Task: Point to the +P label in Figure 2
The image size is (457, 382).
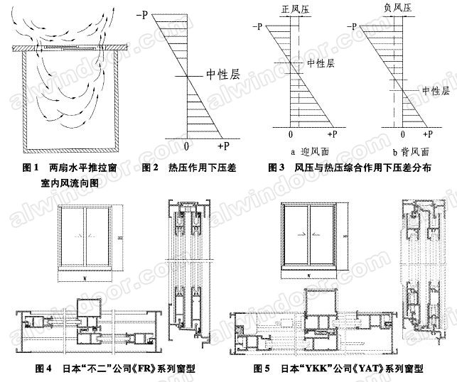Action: point(222,146)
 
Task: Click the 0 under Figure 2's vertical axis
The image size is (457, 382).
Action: point(186,146)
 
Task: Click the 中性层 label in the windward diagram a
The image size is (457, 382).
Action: point(321,63)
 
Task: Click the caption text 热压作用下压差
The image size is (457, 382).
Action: point(200,168)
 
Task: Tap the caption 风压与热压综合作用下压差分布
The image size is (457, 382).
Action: point(365,168)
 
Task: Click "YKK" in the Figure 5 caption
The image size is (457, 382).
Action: point(309,369)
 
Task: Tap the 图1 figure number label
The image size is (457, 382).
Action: point(30,168)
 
